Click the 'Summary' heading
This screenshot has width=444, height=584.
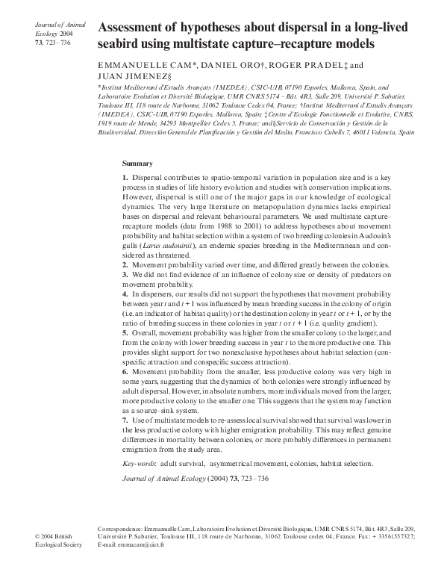pos(137,163)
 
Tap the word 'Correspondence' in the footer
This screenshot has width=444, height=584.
pos(121,528)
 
